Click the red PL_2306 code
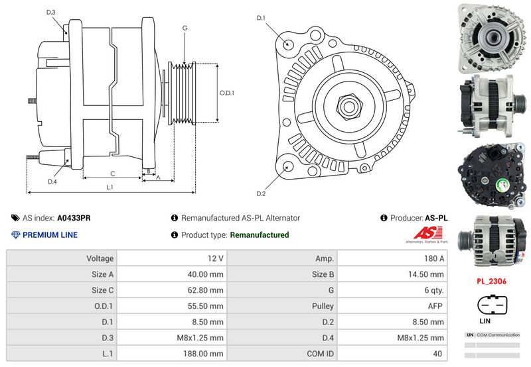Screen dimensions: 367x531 point(491,281)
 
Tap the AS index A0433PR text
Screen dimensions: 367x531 point(74,217)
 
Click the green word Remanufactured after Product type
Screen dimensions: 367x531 point(259,235)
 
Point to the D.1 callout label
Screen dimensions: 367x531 point(261,18)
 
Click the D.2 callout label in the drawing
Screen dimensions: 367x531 point(261,193)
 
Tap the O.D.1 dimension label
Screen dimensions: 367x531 point(227,93)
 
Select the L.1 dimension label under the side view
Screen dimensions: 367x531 point(110,187)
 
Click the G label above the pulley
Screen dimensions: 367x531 point(185,28)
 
